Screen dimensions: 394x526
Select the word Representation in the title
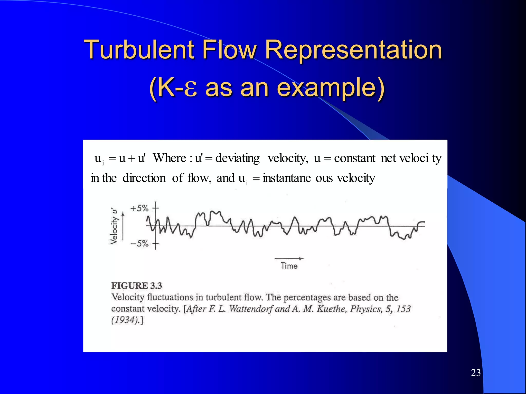pyautogui.click(x=353, y=50)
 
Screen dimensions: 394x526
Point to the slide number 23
pyautogui.click(x=476, y=373)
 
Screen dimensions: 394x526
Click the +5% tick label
pyautogui.click(x=139, y=208)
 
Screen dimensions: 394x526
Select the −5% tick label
pyautogui.click(x=139, y=243)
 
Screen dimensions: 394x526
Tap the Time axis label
pyautogui.click(x=289, y=266)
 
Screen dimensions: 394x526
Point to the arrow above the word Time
pyautogui.click(x=289, y=259)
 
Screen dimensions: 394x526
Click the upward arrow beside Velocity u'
pyautogui.click(x=123, y=226)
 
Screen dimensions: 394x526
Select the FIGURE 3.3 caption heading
pyautogui.click(x=136, y=286)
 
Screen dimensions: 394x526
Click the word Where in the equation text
pyautogui.click(x=169, y=158)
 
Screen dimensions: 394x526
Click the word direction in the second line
pyautogui.click(x=144, y=178)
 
